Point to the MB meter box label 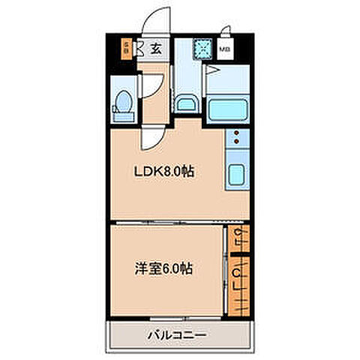[224, 51]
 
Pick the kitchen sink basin [235, 175]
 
